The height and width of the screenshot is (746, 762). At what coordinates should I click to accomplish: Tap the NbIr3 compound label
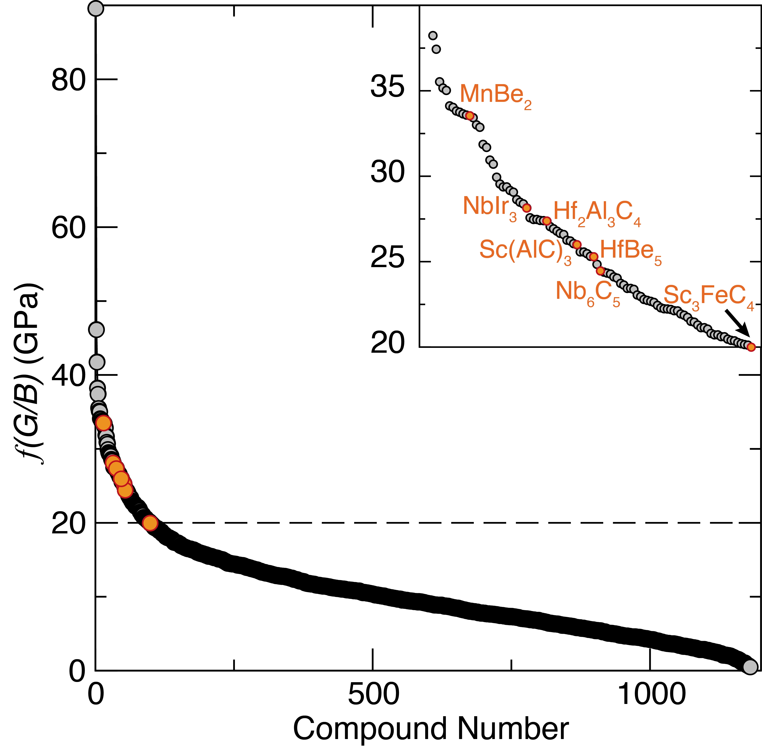coord(490,208)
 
